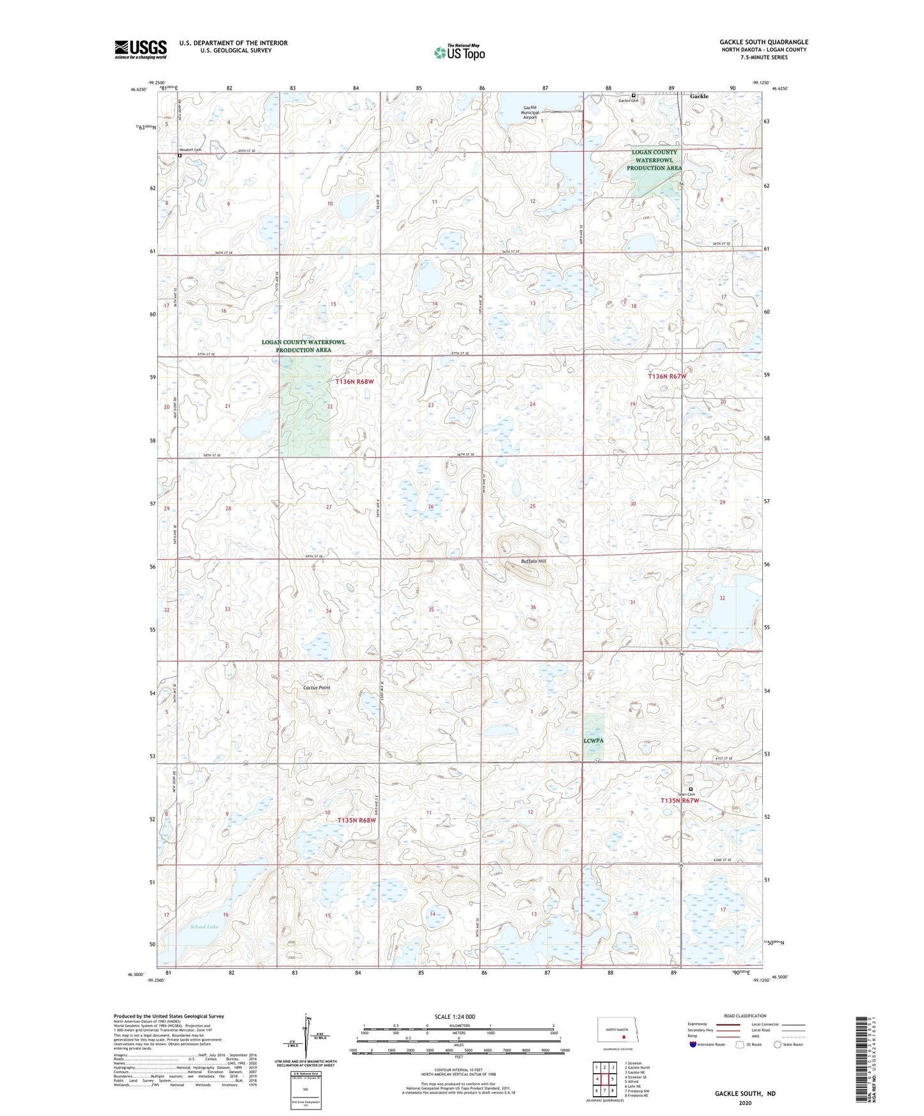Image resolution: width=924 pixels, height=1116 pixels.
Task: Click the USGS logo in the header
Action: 140,49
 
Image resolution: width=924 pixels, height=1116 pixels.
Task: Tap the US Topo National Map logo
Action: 459,52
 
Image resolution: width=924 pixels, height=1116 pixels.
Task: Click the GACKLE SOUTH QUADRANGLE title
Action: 763,42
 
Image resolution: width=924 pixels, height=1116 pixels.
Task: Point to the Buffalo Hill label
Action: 533,561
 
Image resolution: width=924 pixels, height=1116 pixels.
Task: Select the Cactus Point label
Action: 317,688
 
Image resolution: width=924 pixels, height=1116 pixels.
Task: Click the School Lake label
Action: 204,926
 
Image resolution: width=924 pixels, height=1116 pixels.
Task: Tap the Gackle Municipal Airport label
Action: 530,112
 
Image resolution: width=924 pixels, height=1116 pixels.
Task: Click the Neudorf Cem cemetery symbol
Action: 180,155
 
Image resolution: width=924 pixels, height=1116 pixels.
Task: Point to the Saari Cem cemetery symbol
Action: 691,789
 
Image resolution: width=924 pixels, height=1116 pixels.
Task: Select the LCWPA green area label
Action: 593,741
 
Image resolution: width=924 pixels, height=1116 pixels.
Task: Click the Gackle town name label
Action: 699,97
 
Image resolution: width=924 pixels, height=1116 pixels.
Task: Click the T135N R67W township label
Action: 680,800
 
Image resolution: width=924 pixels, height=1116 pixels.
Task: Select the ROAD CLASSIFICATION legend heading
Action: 745,1016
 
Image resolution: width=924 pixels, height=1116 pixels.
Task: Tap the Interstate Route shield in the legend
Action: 693,1044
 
